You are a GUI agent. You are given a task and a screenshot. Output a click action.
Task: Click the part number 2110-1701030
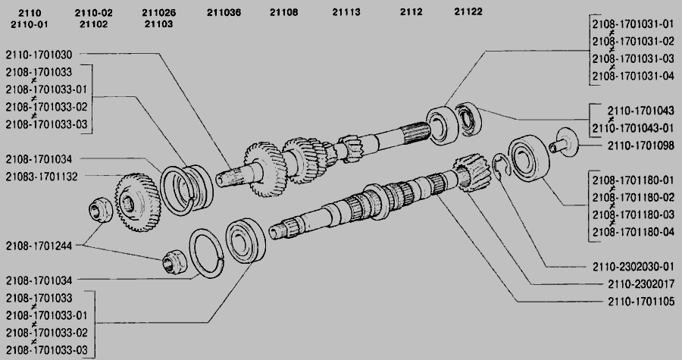[x=39, y=55]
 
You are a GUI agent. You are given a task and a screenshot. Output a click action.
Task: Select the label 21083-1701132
[x=42, y=177]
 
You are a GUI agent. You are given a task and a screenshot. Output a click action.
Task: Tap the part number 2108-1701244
[x=39, y=246]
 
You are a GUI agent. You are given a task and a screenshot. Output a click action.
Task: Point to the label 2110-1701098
[x=640, y=146]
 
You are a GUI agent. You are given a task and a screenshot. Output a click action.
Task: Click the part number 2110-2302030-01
[x=634, y=267]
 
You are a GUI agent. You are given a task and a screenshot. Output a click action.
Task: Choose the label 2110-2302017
[x=640, y=284]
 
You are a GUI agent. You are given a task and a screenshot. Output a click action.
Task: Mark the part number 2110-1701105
[x=640, y=302]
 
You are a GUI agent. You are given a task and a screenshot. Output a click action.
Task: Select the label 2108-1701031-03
[x=634, y=58]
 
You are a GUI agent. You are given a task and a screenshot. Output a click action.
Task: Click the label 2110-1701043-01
[x=634, y=128]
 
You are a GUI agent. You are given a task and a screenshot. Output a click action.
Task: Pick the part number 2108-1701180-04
[x=634, y=232]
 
